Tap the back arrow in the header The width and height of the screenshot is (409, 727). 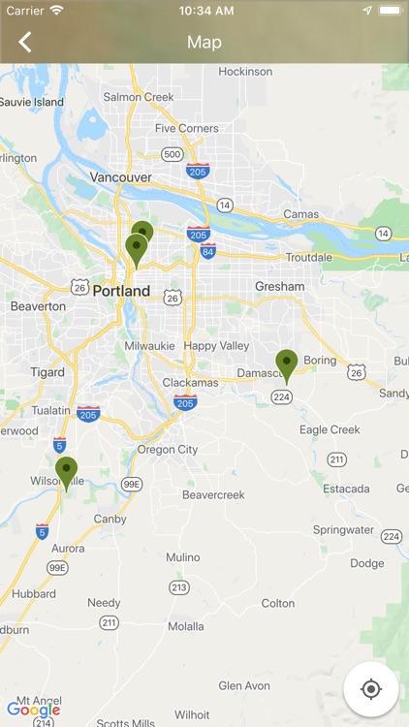point(25,42)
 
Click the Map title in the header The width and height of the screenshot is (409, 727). point(204,42)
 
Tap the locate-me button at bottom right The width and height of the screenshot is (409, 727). point(370,689)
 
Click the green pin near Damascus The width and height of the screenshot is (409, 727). point(286,364)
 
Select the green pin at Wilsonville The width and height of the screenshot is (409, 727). point(66,472)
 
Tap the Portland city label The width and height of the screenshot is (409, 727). point(121,291)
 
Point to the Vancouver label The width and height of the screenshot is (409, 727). point(120,177)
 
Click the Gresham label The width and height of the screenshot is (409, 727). point(279,287)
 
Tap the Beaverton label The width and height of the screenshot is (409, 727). point(38,306)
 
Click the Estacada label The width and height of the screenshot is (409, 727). point(346,490)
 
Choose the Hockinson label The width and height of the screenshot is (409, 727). point(245,72)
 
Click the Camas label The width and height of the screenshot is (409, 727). point(300,214)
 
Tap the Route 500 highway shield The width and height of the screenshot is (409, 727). point(173,154)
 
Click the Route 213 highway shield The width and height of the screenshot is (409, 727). point(178,587)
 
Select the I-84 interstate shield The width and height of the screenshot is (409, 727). point(207,251)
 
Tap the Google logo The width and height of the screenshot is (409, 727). point(33,710)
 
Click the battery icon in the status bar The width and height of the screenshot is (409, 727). point(390,10)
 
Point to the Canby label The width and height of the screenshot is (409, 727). point(110,520)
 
